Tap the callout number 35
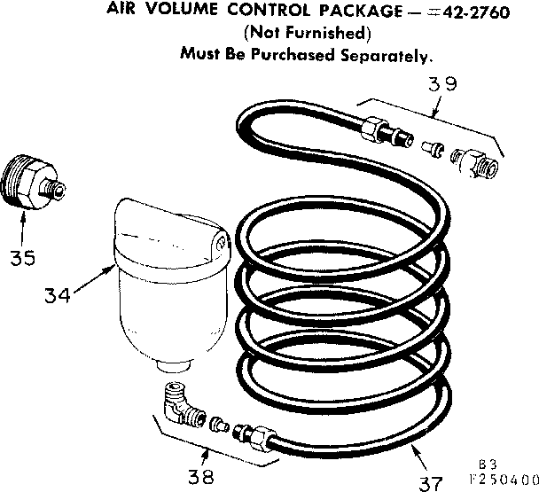24,257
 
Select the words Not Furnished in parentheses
305,34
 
